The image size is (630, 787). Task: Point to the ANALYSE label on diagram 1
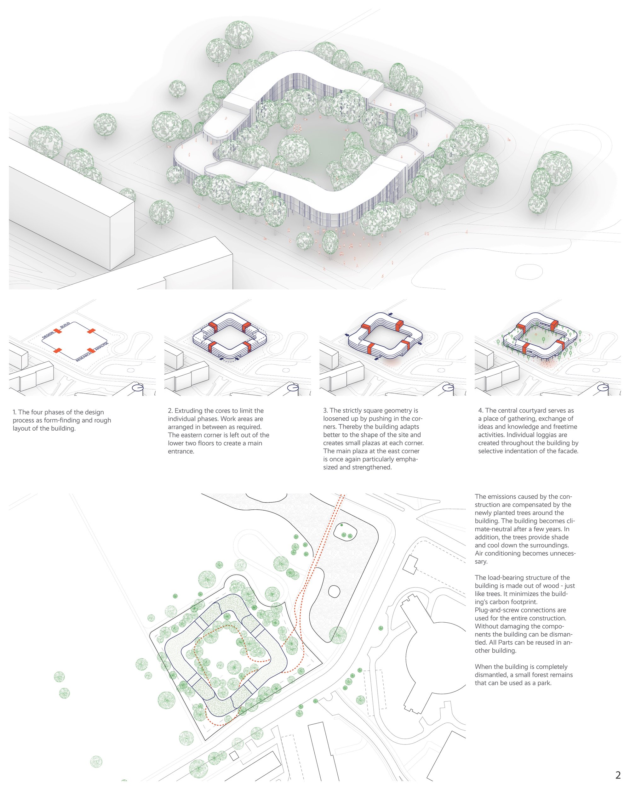102,346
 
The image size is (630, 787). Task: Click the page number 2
618,775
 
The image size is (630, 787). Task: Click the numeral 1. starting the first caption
14,412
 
